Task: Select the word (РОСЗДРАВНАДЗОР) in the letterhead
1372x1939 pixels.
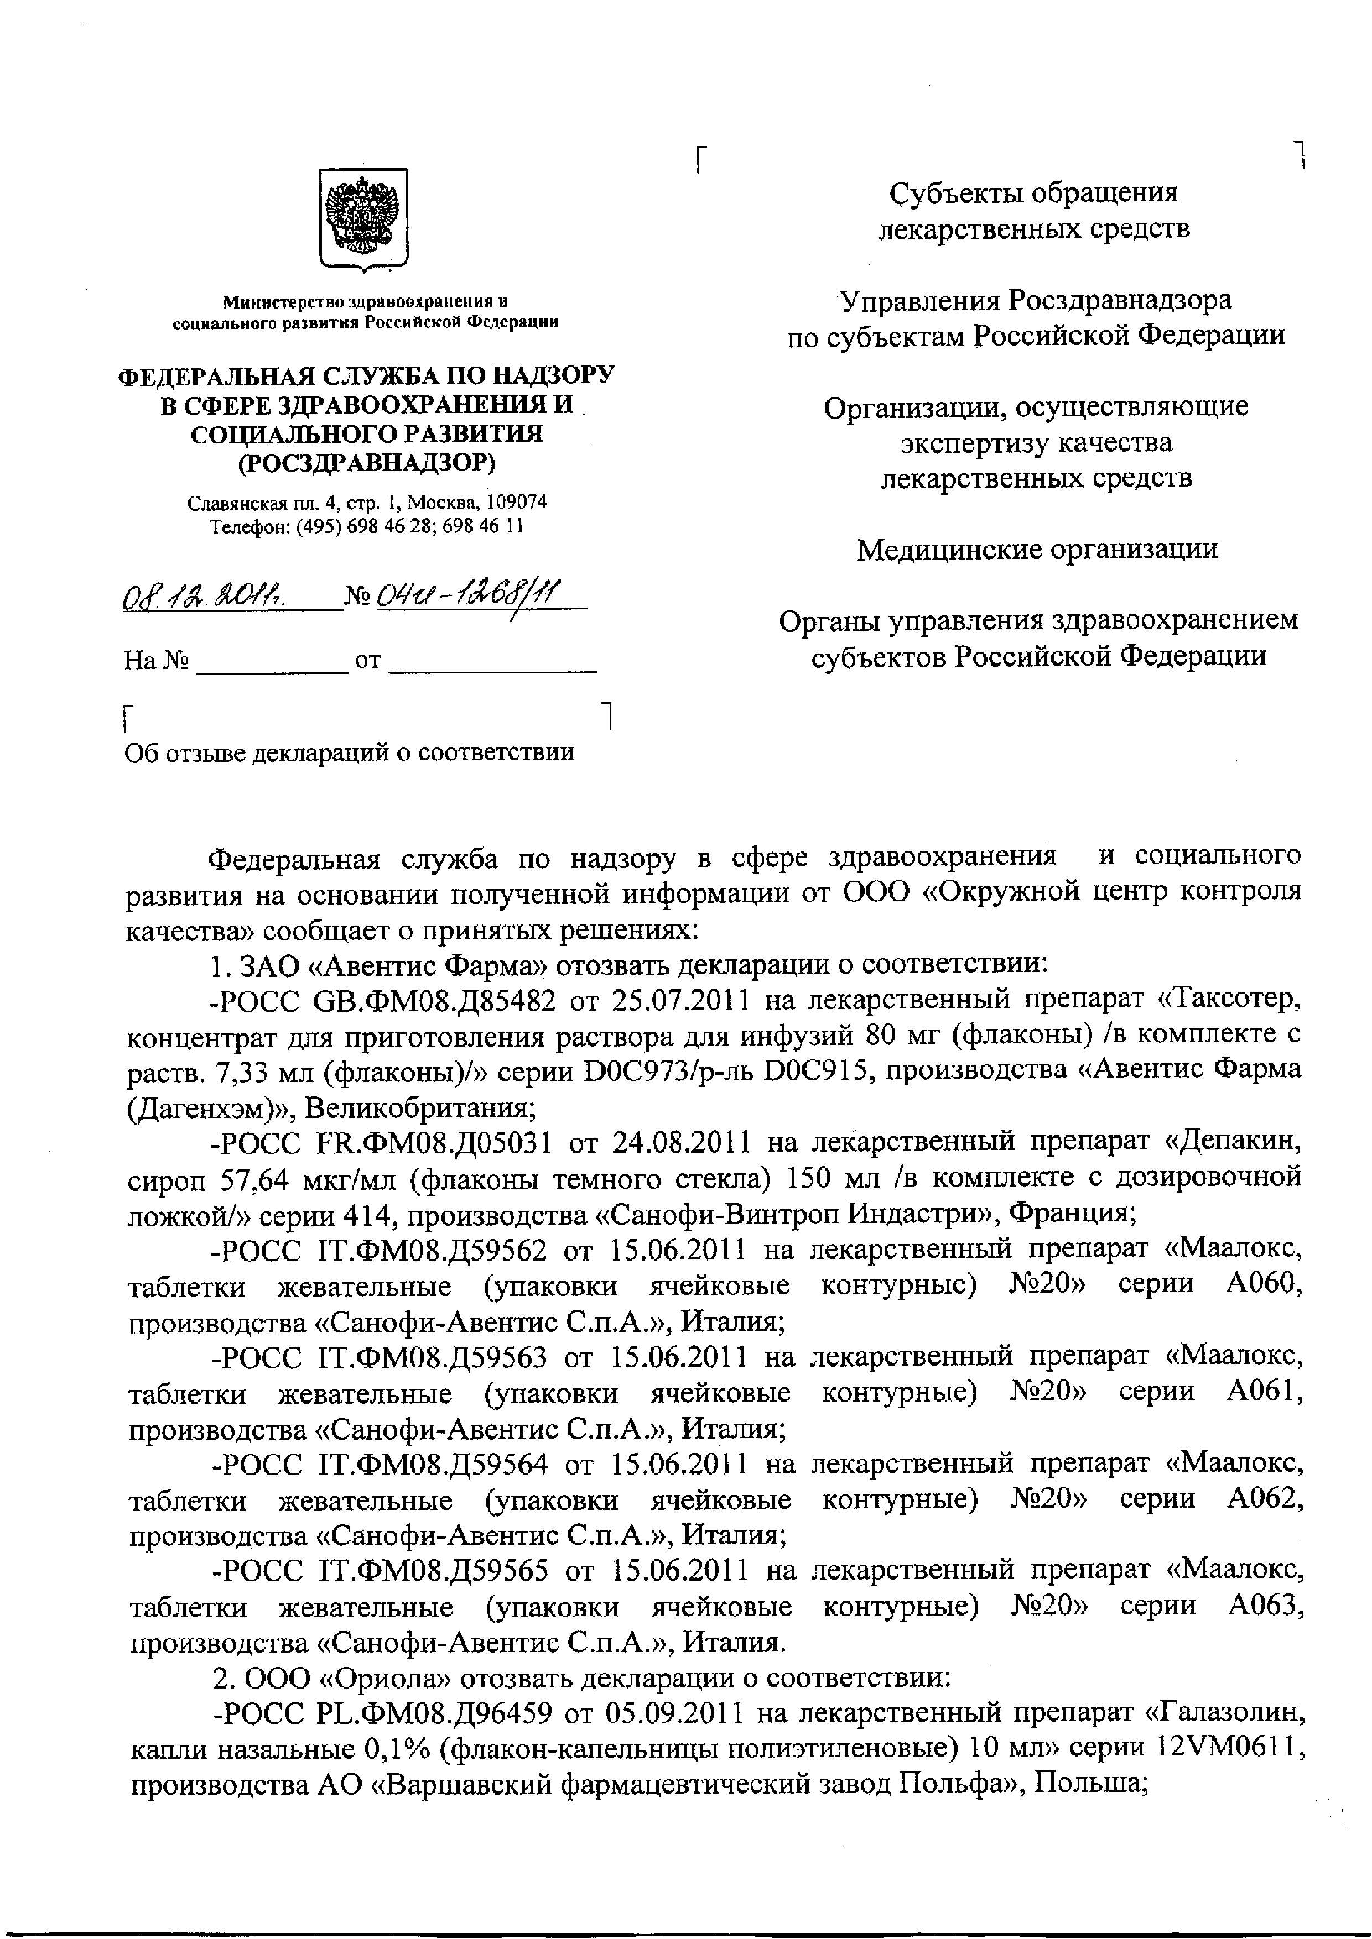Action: pos(367,463)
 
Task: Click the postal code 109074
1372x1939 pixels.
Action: pos(517,503)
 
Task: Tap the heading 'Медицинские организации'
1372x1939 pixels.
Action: pos(1037,550)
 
